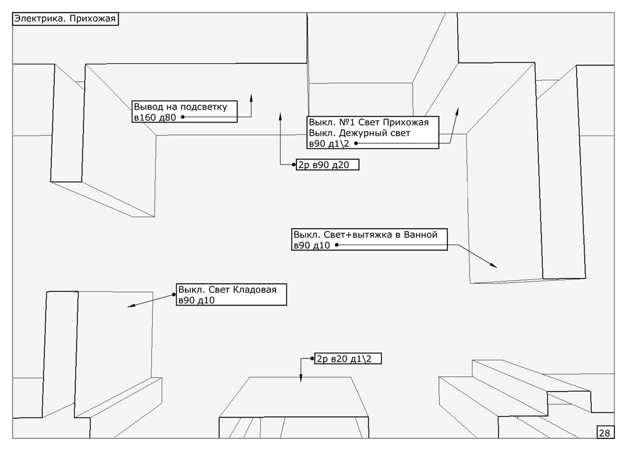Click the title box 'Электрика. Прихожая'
click(x=65, y=19)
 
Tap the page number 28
click(x=604, y=433)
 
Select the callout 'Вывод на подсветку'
click(x=184, y=111)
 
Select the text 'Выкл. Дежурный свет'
click(x=359, y=133)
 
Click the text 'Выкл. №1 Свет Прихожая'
click(x=369, y=122)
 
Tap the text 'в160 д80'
click(x=155, y=117)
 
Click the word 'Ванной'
click(x=420, y=234)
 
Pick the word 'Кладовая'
click(x=255, y=290)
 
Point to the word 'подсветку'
click(x=208, y=106)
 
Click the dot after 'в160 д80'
click(x=182, y=117)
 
